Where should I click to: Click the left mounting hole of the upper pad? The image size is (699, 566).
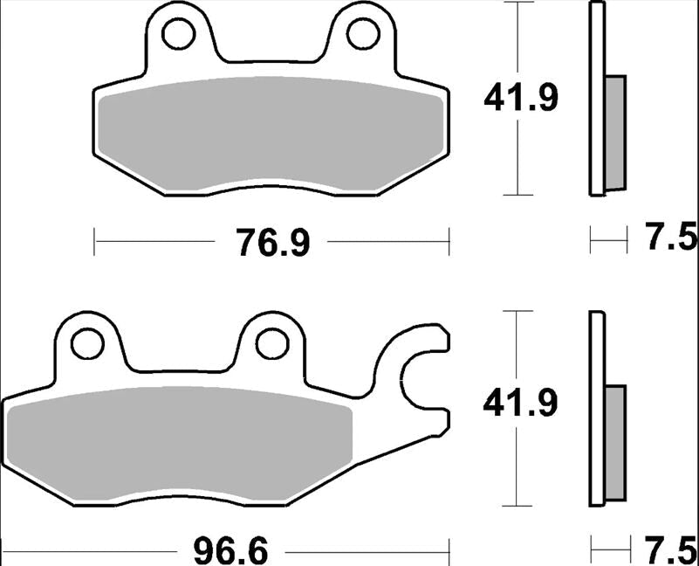[178, 33]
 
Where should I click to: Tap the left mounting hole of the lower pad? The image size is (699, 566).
[87, 343]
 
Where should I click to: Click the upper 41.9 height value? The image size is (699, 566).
[521, 99]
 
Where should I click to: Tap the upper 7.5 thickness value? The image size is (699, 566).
[671, 238]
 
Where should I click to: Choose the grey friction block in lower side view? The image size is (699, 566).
[615, 441]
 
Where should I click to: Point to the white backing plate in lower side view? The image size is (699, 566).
[597, 408]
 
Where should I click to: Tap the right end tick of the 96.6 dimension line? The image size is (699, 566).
[449, 552]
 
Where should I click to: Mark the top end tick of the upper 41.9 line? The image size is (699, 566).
[520, 3]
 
